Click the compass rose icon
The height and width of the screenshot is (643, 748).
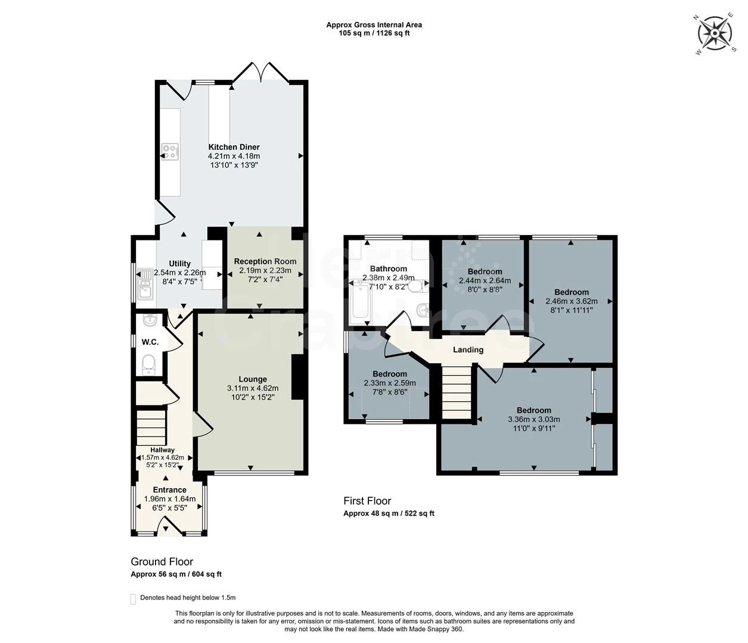(715, 33)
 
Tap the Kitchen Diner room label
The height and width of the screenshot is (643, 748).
(234, 147)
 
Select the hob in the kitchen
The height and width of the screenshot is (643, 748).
(170, 152)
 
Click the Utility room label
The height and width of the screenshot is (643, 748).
(180, 264)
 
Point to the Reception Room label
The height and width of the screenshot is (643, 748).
(265, 261)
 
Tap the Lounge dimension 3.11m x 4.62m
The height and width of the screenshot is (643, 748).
(253, 388)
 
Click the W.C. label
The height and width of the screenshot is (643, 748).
(150, 342)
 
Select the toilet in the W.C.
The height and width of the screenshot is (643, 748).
(149, 364)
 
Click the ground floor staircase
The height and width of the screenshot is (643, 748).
(151, 427)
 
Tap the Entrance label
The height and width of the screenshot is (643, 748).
(170, 490)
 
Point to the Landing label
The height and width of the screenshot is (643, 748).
(468, 349)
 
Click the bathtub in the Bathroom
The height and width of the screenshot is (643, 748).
(360, 303)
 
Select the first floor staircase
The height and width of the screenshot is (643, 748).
(457, 391)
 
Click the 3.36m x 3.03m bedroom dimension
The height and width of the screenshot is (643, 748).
(534, 420)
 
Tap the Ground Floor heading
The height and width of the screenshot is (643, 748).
(162, 561)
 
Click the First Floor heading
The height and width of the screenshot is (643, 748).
(367, 501)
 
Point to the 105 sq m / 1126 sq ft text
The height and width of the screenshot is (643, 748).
(374, 33)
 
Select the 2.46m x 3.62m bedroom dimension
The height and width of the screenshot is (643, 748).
(572, 301)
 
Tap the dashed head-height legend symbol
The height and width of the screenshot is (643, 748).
(133, 599)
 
